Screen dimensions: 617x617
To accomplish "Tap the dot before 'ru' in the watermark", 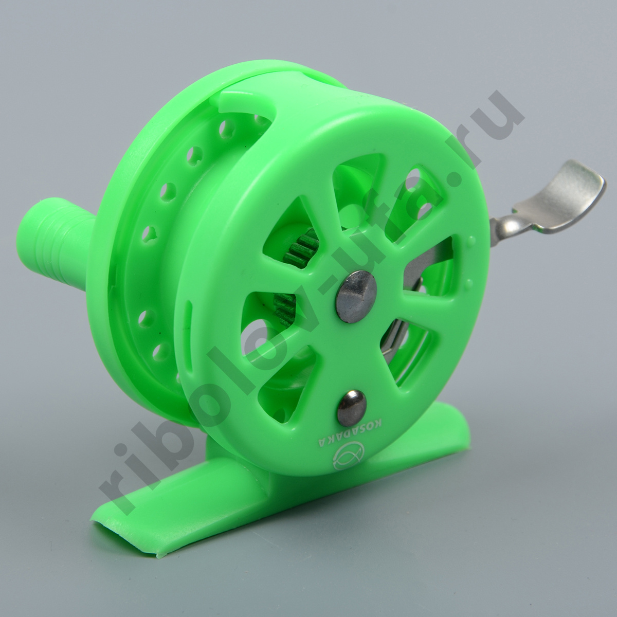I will pos(454,182).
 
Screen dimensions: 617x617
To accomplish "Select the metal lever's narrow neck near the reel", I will pos(506,221).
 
